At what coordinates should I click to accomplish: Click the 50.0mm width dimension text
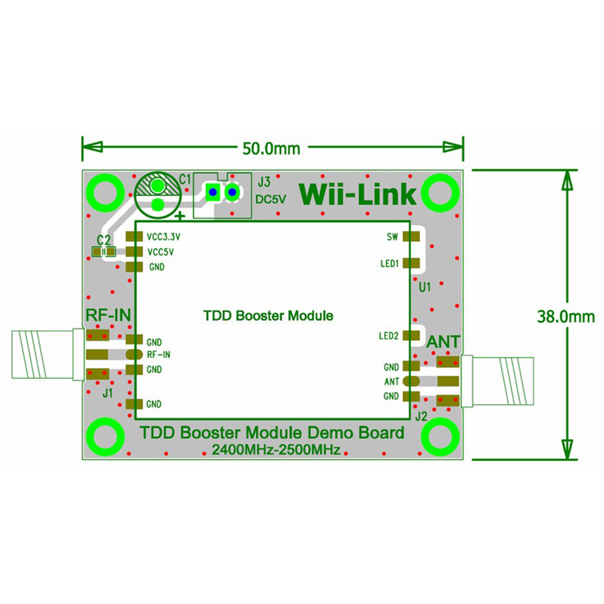coord(271,148)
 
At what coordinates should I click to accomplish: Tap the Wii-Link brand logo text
coord(359,194)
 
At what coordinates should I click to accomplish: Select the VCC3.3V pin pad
coord(134,237)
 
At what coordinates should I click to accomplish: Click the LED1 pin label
coord(390,264)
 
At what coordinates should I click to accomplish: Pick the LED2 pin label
coord(389,336)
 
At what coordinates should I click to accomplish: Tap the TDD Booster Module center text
coord(268,316)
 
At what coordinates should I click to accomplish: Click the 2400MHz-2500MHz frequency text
coord(276,450)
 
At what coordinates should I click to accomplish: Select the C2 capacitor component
coord(104,252)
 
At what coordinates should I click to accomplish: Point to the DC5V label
coord(271,199)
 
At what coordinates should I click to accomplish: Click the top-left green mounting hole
coord(105,192)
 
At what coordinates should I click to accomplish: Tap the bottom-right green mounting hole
coord(440,436)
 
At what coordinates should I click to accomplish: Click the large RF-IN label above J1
coord(109,315)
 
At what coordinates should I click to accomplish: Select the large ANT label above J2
coord(443,342)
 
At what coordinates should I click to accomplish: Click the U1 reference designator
coord(424,288)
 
